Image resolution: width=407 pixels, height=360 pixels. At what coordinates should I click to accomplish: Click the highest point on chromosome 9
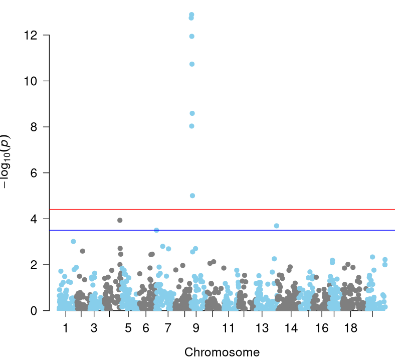[x=191, y=15]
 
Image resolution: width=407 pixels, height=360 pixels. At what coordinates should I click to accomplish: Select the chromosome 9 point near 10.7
[x=192, y=64]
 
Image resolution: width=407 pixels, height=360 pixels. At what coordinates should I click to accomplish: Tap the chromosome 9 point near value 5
[x=192, y=196]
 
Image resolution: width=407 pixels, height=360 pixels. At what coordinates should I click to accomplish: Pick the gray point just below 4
[x=120, y=220]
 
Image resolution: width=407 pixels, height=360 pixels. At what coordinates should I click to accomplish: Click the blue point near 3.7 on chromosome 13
[x=277, y=226]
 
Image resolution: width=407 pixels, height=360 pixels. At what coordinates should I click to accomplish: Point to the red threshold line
[x=222, y=209]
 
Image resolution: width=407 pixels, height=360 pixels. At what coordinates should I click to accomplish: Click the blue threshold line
[x=222, y=230]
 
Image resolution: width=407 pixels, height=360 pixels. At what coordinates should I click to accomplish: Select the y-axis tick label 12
[x=31, y=35]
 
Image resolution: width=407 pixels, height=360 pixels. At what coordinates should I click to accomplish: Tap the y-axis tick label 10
[x=31, y=81]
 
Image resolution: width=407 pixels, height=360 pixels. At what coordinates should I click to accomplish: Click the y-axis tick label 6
[x=34, y=173]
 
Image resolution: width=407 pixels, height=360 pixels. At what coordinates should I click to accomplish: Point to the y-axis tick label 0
[x=34, y=311]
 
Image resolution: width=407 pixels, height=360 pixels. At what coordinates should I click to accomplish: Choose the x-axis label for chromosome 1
[x=66, y=328]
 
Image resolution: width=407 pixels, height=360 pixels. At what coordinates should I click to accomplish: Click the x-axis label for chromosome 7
[x=168, y=328]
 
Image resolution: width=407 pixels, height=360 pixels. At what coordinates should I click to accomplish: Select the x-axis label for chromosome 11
[x=229, y=328]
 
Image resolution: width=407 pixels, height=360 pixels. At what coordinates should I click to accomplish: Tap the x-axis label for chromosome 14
[x=291, y=328]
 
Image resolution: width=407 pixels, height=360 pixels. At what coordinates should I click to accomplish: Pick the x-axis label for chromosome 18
[x=351, y=328]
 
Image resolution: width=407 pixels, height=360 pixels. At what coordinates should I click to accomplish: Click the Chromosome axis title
[x=222, y=352]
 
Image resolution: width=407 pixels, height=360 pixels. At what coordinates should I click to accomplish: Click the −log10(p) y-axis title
[x=6, y=161]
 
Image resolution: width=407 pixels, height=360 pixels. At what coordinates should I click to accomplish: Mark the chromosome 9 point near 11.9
[x=192, y=37]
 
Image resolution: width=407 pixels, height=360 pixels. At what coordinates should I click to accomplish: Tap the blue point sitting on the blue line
[x=156, y=230]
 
